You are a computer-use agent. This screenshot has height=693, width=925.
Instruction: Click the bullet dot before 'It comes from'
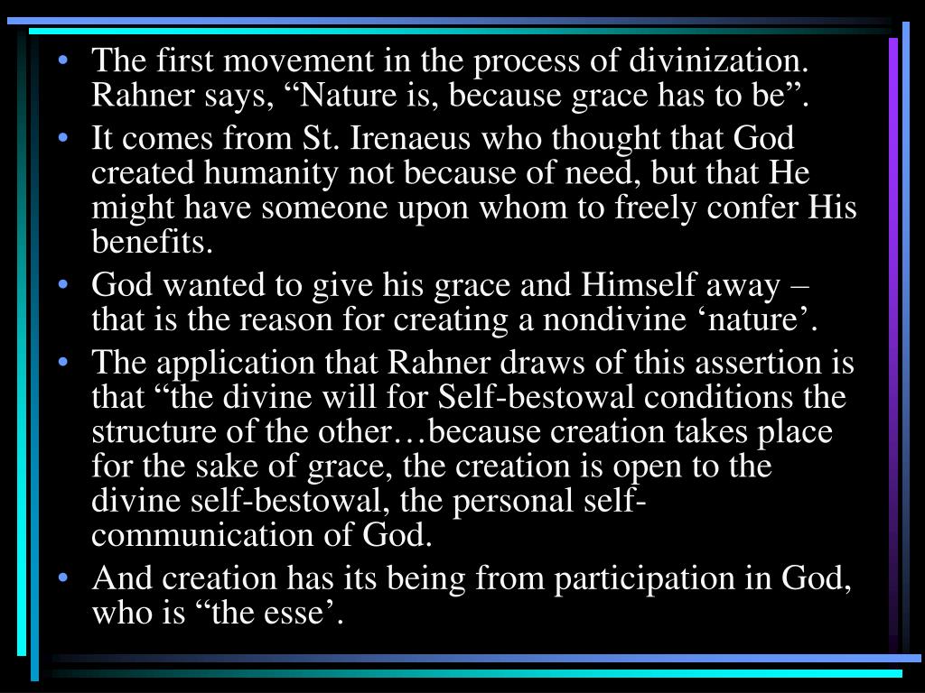(64, 139)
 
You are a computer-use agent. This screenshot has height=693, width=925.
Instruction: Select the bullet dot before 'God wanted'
(64, 285)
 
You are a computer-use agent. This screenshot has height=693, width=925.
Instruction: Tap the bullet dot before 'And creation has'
(64, 578)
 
